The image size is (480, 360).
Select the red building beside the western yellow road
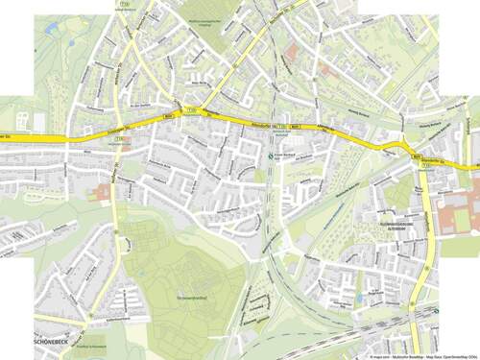(x=105, y=192)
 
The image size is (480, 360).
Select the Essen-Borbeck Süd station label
(x=278, y=156)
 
